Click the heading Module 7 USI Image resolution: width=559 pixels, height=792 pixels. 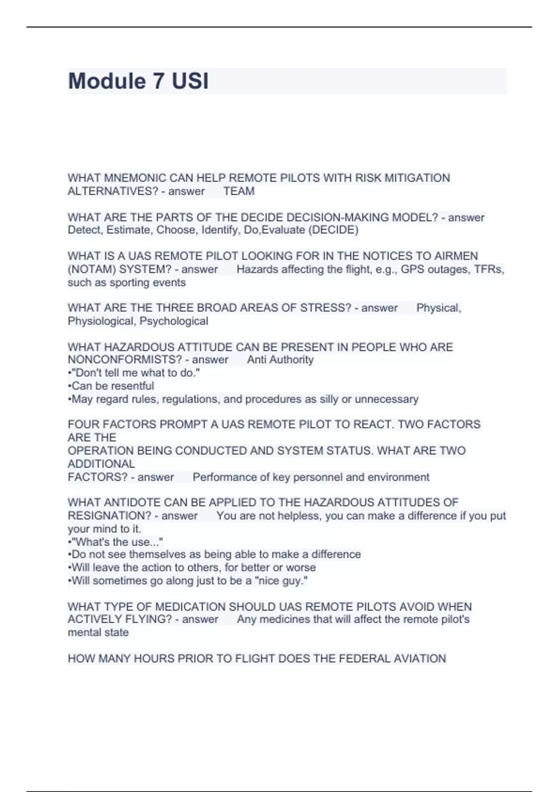tap(138, 81)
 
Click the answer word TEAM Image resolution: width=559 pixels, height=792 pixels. tap(239, 191)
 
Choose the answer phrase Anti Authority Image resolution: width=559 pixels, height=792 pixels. tap(280, 360)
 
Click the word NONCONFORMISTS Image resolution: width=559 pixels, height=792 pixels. tap(124, 360)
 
